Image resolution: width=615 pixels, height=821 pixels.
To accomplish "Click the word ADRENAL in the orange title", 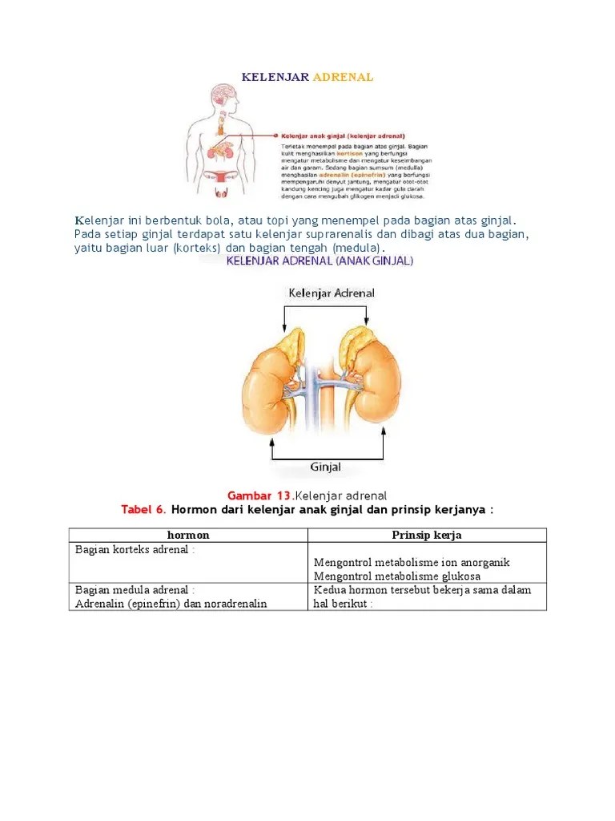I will click(x=343, y=78).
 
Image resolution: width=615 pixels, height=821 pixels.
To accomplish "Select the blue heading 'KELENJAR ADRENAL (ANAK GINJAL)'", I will click(x=320, y=261).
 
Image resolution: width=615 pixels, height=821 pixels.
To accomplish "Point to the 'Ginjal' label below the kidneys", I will click(x=325, y=467).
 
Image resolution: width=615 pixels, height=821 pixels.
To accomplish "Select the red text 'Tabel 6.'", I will click(x=143, y=509).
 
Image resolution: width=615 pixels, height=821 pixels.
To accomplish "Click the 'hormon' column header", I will click(x=187, y=535).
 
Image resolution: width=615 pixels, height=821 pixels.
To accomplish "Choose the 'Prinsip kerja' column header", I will click(x=426, y=535).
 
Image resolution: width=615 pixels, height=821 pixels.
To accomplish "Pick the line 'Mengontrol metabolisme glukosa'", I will click(x=397, y=576).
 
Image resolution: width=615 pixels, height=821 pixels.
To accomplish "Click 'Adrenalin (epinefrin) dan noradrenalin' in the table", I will click(x=171, y=604).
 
